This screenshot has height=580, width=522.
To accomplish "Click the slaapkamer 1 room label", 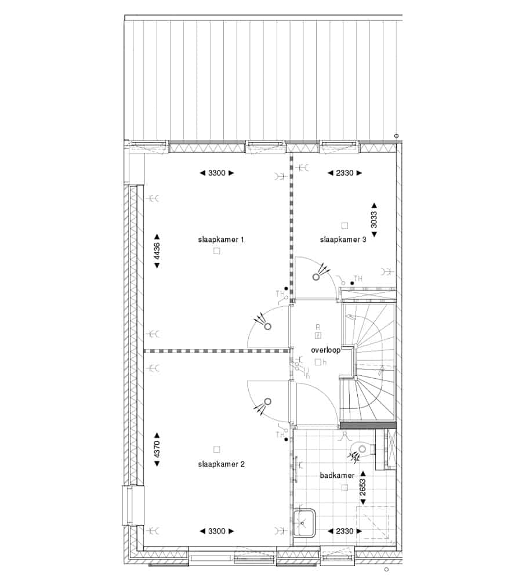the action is pos(221,240).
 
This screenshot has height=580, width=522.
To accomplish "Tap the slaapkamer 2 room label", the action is pos(221,464).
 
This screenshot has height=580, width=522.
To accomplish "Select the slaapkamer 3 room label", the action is pos(343,240).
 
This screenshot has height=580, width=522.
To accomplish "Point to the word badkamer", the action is pos(337,476).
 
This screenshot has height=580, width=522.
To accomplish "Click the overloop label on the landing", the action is pos(325,350).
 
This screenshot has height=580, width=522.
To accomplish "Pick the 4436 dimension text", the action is pos(157,251).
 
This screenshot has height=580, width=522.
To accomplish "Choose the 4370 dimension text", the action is pos(157,449).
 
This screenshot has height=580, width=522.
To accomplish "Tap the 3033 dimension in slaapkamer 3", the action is pos(374,220).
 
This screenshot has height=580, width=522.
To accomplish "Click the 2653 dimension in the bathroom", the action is pos(362,488).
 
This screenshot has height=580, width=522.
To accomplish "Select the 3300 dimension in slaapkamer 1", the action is pos(217,173).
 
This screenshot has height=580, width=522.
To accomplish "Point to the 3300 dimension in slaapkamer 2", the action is pos(217,531).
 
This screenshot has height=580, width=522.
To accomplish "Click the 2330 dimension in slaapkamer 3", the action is pos(345,173).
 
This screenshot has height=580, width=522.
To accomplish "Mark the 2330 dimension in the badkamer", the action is pos(345,531).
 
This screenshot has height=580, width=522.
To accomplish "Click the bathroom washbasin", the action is pos(304,523).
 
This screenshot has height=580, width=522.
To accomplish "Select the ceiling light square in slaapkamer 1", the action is pos(217,251).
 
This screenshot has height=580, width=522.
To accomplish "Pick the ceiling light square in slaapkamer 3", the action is pos(345,225).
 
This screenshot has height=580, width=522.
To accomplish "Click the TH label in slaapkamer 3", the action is pos(358,278).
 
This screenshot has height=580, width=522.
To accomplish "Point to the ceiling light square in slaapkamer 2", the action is pos(217,449).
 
